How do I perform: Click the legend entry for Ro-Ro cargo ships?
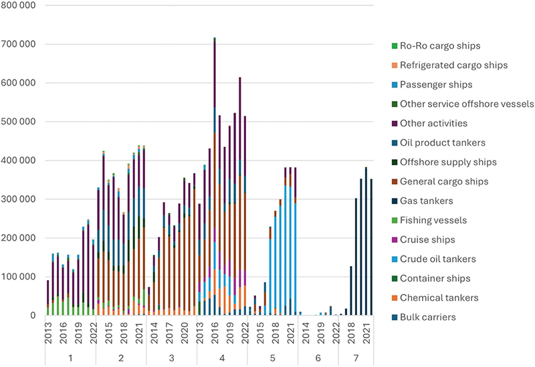(439, 46)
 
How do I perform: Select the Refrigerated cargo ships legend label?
(453, 66)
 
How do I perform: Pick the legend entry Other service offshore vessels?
(465, 104)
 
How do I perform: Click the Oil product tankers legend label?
(442, 143)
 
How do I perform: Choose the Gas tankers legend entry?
(427, 201)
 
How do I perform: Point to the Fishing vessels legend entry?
(433, 220)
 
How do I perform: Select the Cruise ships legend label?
(428, 239)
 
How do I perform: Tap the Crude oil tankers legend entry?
(437, 259)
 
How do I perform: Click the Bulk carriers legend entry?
(428, 317)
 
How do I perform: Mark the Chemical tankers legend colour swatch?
(393, 297)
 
